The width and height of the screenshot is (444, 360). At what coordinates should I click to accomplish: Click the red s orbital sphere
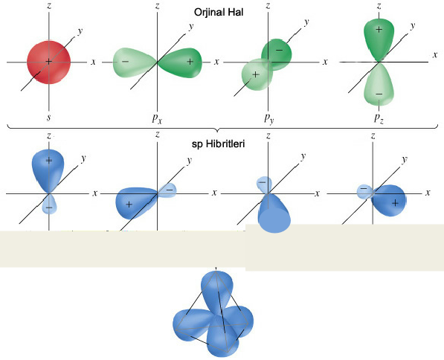tap(48, 62)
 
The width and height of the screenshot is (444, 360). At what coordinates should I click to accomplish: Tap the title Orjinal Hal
tap(219, 12)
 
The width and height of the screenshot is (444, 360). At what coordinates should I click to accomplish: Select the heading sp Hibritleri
tap(219, 144)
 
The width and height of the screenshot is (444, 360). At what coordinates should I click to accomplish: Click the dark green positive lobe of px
tap(181, 62)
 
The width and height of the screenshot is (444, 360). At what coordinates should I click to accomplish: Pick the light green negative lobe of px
tap(135, 62)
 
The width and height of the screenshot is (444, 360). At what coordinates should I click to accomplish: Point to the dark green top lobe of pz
tap(379, 39)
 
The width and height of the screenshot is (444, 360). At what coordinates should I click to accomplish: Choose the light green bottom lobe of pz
tap(379, 84)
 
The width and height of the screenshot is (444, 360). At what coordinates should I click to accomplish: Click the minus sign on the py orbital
tap(279, 51)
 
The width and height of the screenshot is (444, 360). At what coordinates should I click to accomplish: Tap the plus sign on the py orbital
tap(255, 74)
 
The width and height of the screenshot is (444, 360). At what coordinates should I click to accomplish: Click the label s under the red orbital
tap(48, 117)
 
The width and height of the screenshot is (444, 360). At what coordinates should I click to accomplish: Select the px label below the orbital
tap(157, 118)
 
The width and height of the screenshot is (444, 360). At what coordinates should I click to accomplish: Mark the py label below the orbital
tap(268, 118)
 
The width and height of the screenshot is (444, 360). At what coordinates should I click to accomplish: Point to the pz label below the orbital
tap(379, 118)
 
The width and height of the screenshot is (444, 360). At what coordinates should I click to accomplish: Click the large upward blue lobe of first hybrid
tap(48, 170)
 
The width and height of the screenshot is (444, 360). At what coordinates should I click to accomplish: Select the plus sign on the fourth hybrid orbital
tap(396, 203)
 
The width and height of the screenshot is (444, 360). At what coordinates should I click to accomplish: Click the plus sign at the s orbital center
tap(48, 62)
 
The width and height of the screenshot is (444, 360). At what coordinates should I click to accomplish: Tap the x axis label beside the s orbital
tap(93, 62)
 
